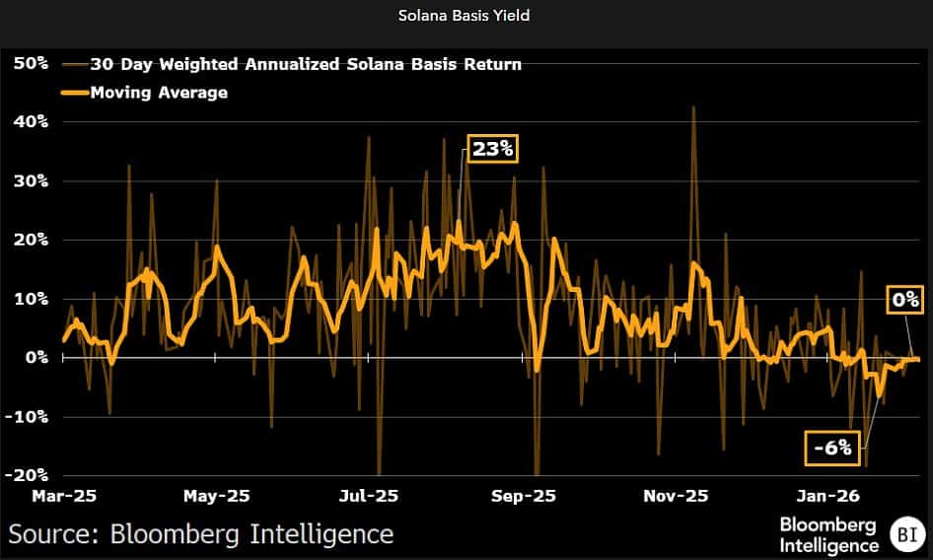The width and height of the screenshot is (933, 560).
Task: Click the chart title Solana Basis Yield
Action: click(466, 17)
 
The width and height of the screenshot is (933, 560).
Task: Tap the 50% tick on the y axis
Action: click(30, 63)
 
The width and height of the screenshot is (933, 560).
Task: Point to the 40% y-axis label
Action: click(30, 122)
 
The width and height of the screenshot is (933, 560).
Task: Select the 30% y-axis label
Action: click(30, 181)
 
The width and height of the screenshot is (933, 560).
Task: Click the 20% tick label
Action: click(30, 240)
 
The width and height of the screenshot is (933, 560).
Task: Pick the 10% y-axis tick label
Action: click(30, 299)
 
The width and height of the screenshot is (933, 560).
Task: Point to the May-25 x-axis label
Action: click(217, 496)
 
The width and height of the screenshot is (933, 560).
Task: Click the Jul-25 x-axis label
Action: click(368, 496)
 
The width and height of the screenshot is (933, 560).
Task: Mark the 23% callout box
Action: click(491, 150)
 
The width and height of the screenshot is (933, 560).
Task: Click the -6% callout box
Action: click(827, 448)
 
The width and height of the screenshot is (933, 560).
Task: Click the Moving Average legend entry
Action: click(158, 93)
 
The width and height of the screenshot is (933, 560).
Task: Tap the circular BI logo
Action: click(904, 535)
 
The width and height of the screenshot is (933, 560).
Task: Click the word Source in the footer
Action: click(51, 534)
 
